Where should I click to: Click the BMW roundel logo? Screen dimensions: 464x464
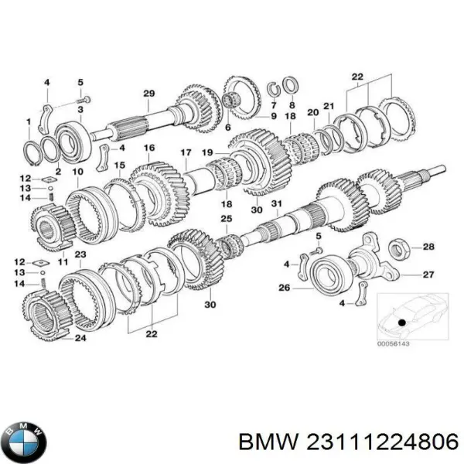click(x=26, y=442)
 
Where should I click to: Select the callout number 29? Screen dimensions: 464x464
click(x=149, y=94)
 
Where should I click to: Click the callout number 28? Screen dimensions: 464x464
click(x=428, y=247)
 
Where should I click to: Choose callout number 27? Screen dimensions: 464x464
click(x=428, y=274)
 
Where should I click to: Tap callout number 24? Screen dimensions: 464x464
click(x=80, y=337)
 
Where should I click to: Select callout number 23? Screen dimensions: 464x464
click(x=80, y=254)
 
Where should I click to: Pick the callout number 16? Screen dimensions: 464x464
click(x=148, y=148)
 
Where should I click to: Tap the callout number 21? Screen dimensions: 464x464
click(x=328, y=106)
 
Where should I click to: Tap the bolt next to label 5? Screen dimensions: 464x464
click(x=87, y=98)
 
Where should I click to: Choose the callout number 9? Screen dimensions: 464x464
click(x=273, y=116)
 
